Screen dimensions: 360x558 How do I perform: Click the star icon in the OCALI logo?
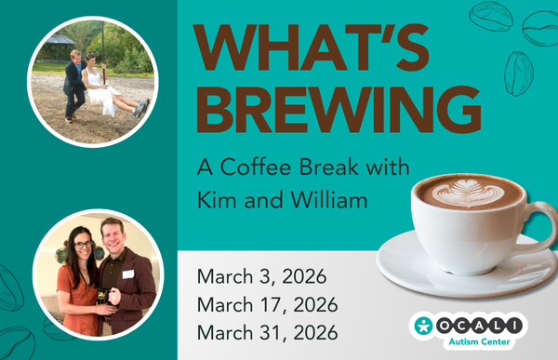coord(425,326)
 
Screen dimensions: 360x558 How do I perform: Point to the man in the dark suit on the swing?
coord(73,84)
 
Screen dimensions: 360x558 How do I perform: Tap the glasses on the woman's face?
coord(82,245)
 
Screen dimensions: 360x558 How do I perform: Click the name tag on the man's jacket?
coord(127,273)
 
